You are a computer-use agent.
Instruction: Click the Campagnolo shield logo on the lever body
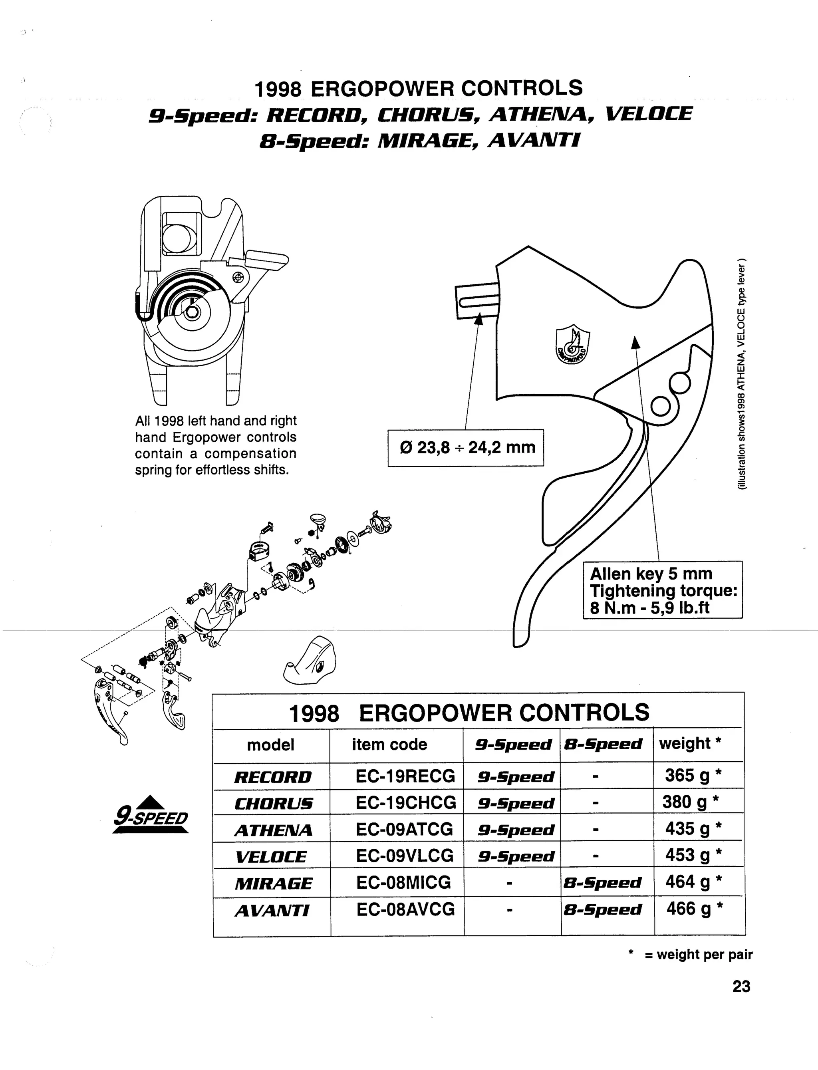point(573,345)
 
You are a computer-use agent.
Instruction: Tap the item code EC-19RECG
point(405,776)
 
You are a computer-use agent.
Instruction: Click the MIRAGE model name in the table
point(273,883)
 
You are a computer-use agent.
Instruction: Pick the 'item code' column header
point(389,744)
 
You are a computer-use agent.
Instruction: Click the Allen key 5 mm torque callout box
point(663,590)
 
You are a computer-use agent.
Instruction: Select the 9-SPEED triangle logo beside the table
point(151,814)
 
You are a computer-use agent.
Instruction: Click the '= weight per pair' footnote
point(698,955)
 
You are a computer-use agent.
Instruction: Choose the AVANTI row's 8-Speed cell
point(603,909)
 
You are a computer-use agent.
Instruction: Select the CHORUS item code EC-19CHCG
point(405,803)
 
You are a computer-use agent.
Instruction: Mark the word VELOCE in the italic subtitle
point(648,114)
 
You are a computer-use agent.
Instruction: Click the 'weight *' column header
point(689,744)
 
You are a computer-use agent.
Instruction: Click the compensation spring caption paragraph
point(215,445)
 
